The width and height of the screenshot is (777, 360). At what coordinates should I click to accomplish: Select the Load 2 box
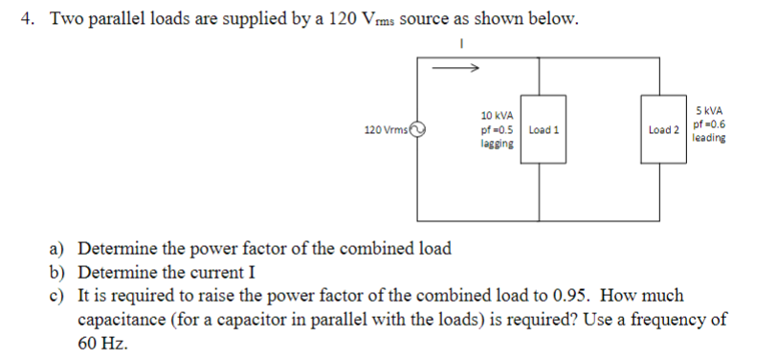click(662, 129)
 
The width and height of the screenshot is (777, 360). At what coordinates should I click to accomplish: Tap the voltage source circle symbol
click(417, 129)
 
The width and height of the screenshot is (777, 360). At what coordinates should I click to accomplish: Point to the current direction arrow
click(456, 67)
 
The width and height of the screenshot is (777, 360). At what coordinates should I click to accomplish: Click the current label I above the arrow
click(461, 43)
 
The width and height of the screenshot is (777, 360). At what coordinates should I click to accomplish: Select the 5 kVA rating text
click(709, 110)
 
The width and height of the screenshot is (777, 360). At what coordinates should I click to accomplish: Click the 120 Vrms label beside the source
click(387, 129)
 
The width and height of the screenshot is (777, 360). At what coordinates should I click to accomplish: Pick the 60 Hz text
click(102, 342)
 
